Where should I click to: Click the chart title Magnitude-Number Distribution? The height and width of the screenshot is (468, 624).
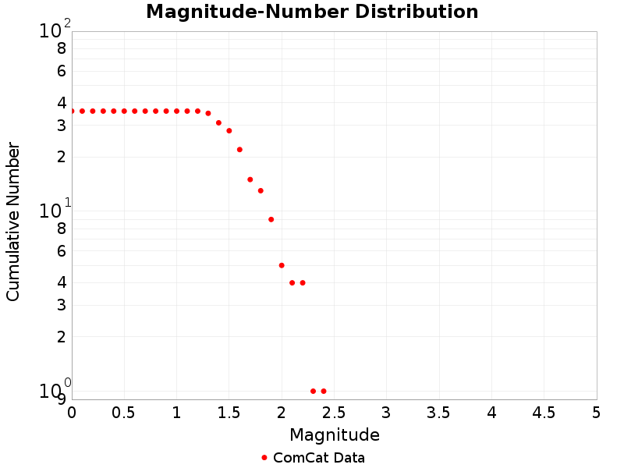(312, 12)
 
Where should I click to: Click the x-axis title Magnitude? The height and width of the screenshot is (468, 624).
(334, 434)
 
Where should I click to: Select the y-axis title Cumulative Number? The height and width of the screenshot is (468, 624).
(13, 222)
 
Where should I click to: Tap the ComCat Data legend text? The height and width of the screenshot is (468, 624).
(318, 458)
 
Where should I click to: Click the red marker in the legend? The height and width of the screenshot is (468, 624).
(264, 458)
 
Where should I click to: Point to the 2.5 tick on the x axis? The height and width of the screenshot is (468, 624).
(334, 411)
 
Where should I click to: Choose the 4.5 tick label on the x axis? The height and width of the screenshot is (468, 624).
(544, 411)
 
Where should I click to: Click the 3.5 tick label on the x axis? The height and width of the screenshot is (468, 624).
(439, 411)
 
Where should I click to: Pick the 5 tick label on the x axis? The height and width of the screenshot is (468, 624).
(597, 411)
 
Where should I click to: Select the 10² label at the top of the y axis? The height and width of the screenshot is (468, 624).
(54, 30)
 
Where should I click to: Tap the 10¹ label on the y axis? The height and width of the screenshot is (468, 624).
(54, 210)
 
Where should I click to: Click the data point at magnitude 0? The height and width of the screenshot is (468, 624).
(72, 111)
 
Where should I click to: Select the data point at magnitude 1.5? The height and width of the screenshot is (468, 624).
(229, 130)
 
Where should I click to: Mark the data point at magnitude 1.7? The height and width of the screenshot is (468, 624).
(250, 179)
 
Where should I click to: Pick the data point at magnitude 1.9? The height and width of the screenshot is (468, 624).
(271, 219)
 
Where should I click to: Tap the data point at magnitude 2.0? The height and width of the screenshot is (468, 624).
(282, 265)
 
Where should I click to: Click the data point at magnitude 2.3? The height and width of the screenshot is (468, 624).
(313, 391)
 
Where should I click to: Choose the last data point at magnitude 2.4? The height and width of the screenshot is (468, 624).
(324, 391)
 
